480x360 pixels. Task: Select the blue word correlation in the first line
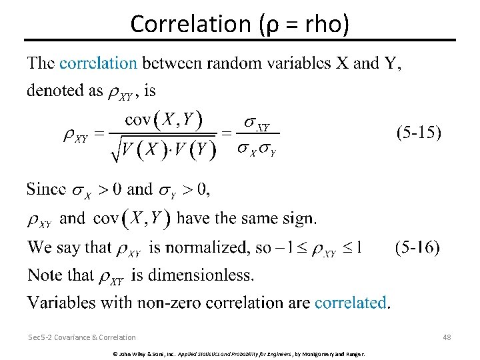(x=98, y=63)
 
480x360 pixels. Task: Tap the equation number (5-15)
(x=418, y=133)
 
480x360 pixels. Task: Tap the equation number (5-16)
(x=417, y=248)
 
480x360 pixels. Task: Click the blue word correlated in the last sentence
(x=351, y=303)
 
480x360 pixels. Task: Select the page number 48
(x=447, y=337)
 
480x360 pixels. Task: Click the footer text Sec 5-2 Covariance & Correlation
(x=82, y=337)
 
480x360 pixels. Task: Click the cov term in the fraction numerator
(x=138, y=120)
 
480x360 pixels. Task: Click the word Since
(x=46, y=189)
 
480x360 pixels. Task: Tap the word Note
(x=43, y=275)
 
